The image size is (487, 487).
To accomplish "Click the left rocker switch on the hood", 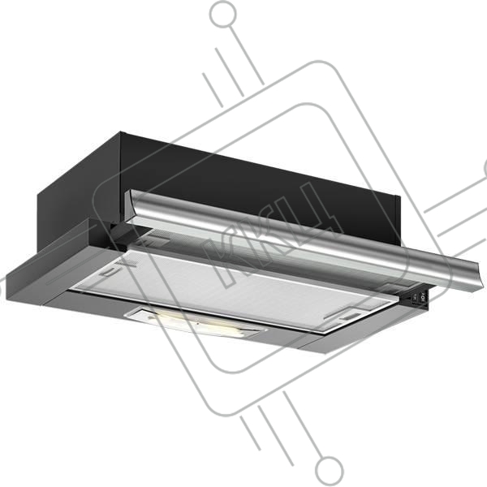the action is pos(414,298).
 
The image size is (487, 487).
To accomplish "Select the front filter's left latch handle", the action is pos(109,271).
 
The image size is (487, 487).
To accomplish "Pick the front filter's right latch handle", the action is pos(348,317).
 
